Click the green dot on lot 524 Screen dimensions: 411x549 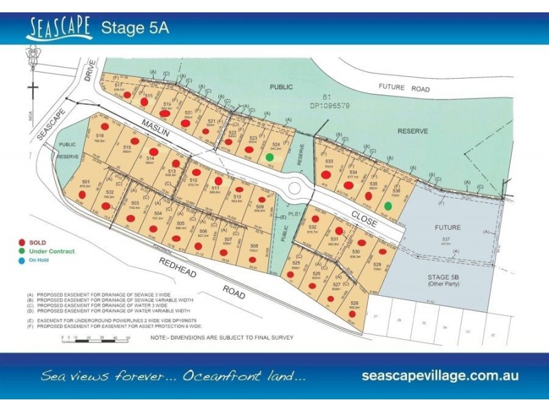(270, 157)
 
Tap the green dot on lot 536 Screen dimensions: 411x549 (388, 206)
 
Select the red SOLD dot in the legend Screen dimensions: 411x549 (23, 242)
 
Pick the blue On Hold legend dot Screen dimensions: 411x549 (23, 260)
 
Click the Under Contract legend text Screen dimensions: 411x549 (51, 251)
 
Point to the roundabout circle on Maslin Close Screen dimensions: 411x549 (296, 187)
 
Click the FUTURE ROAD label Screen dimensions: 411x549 (405, 89)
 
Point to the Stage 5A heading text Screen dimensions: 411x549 (135, 28)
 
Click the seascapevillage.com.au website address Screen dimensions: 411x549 (440, 375)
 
